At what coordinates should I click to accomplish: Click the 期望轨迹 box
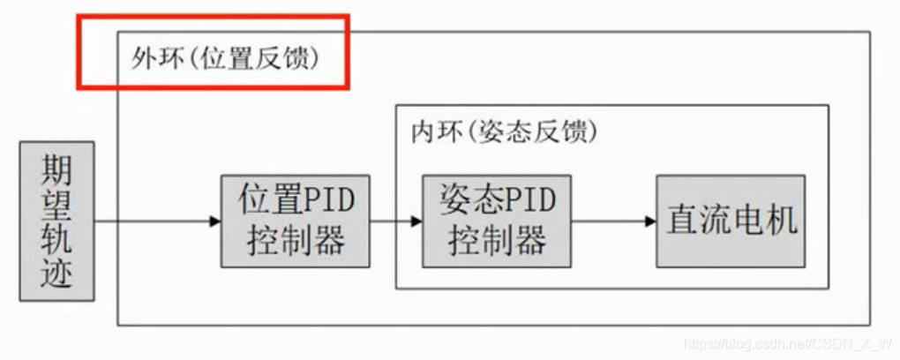56,221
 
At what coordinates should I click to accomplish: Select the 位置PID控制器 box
295,221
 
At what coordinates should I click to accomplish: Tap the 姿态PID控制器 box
496,221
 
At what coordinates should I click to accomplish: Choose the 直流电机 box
731,221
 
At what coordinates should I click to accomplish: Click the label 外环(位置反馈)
224,59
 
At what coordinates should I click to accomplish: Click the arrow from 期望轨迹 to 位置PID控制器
159,221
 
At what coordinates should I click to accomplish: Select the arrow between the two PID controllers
396,221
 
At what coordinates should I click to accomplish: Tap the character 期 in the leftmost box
56,170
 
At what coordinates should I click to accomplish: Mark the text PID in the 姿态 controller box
530,200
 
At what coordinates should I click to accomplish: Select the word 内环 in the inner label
431,132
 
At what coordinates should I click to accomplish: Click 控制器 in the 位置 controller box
295,241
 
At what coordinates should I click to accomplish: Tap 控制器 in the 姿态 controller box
496,241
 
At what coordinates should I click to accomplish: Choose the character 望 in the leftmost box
56,205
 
